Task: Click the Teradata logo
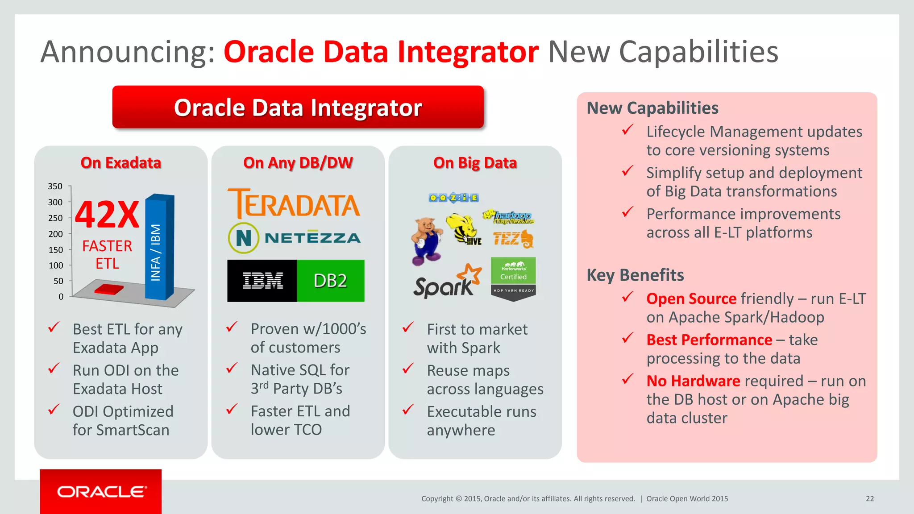pos(294,203)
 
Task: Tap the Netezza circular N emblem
pos(243,238)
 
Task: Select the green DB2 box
pos(330,281)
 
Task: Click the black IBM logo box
pos(262,281)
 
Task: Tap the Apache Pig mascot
pos(426,241)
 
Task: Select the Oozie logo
pos(453,198)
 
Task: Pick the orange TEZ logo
pos(513,239)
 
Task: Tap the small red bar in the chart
pos(109,289)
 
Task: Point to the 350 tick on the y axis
pos(55,186)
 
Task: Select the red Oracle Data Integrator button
pos(298,108)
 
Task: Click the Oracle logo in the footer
pos(101,492)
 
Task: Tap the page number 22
pos(870,499)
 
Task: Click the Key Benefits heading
pos(635,275)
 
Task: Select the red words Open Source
pos(691,298)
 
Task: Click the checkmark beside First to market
pos(408,327)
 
